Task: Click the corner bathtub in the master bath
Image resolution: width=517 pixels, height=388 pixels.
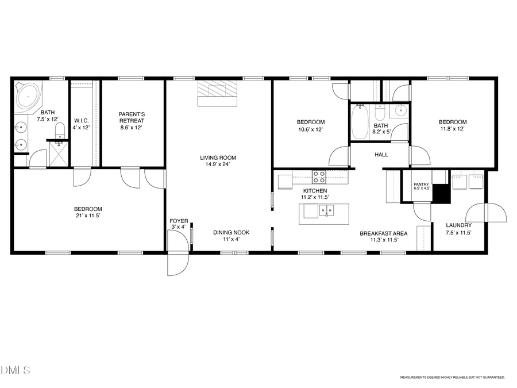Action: click(x=28, y=95)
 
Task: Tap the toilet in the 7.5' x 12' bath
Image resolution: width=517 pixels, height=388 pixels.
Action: click(x=59, y=131)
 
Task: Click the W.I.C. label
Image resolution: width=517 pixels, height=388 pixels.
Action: click(x=80, y=121)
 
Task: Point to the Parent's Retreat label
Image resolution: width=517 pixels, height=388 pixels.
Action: click(x=132, y=117)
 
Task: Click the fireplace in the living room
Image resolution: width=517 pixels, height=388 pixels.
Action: click(x=217, y=93)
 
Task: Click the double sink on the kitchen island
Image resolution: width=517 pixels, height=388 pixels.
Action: click(x=326, y=211)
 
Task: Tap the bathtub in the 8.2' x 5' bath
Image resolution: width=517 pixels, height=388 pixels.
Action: click(x=360, y=122)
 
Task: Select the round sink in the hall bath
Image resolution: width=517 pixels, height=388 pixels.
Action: click(x=400, y=110)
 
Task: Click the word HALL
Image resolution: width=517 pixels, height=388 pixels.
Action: click(x=381, y=155)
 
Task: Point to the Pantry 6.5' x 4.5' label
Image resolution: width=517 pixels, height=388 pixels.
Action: click(x=422, y=186)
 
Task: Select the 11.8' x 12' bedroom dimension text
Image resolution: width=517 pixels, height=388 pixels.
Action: click(x=453, y=129)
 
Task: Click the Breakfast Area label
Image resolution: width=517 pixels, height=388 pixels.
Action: click(x=384, y=236)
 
